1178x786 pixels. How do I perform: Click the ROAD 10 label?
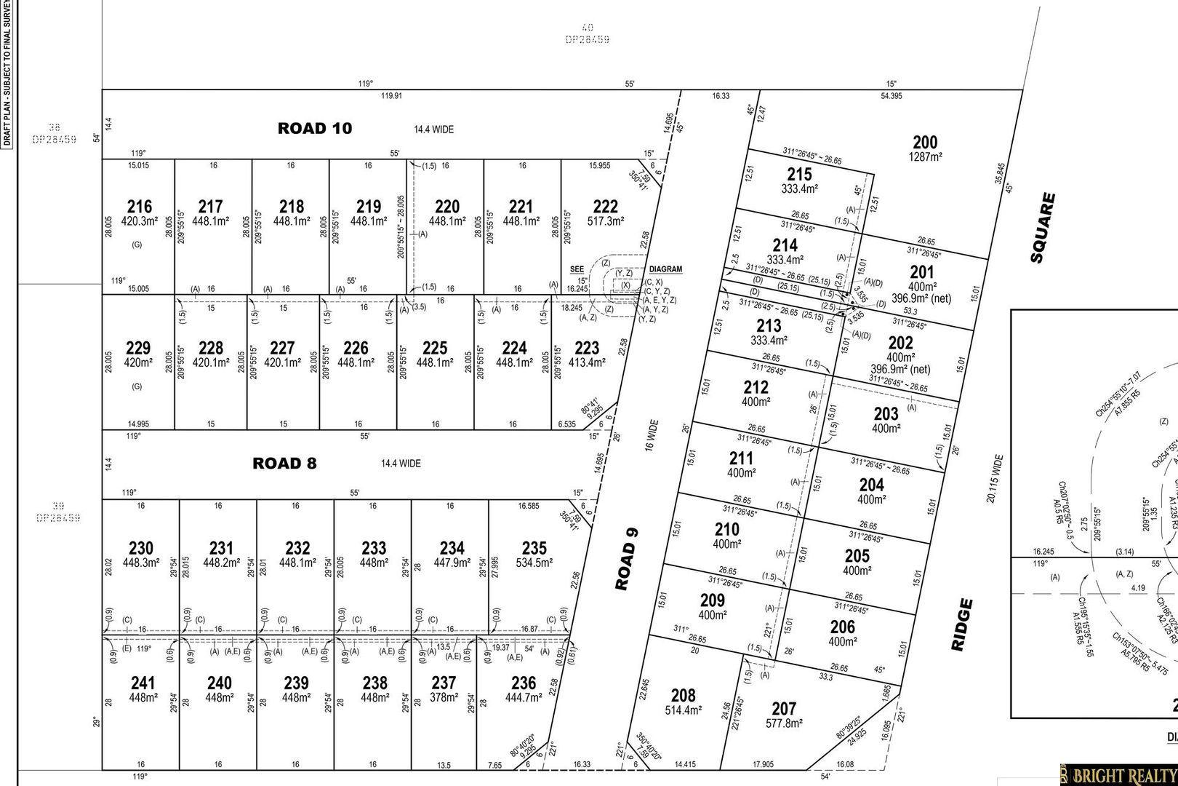pos(314,129)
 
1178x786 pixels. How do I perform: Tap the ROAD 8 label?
pos(284,464)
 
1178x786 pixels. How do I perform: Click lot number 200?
pos(925,143)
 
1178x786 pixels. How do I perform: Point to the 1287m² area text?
pos(925,156)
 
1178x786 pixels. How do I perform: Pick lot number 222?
pos(605,207)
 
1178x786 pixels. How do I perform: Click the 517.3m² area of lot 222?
pos(605,221)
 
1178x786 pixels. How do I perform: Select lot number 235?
pos(534,548)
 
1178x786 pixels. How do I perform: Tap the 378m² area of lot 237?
pos(444,697)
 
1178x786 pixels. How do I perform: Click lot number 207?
pos(784,708)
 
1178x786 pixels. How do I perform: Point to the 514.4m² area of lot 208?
pos(683,710)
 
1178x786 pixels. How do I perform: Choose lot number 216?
pos(139,207)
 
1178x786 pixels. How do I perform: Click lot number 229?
pos(138,348)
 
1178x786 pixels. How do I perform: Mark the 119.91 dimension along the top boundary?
pos(391,95)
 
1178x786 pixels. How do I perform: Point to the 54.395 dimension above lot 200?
pos(891,95)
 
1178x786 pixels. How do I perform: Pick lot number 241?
pos(143,683)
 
